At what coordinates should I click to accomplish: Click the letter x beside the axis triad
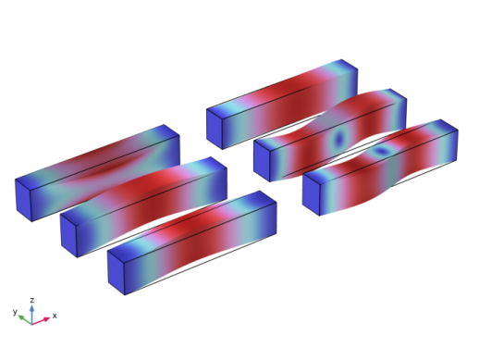coord(55,316)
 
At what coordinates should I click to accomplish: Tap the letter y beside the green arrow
coord(15,312)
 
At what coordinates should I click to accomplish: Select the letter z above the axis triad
coord(32,300)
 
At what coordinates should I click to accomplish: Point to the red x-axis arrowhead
coord(46,319)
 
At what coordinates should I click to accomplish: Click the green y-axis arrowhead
coord(21,317)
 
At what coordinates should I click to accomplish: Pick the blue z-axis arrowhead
coord(32,308)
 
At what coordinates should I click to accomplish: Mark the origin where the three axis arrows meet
coord(31,324)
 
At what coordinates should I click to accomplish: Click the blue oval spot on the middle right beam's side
coord(339,139)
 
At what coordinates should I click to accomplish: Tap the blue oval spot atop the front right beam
coord(381,151)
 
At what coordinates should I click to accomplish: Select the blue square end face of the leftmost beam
coord(24,200)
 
